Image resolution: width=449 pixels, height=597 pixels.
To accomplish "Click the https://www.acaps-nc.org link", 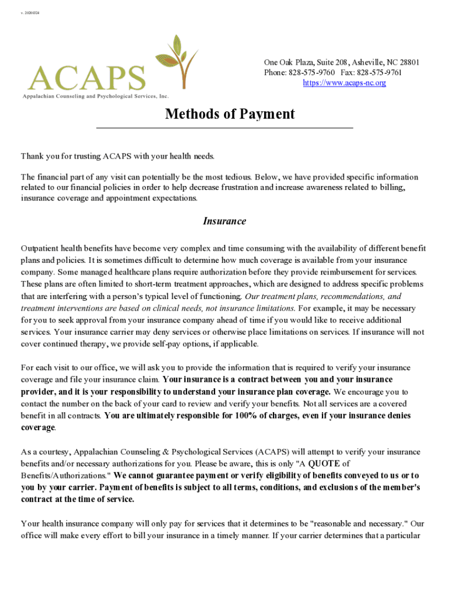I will [x=344, y=83].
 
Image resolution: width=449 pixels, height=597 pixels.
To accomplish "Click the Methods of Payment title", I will [x=230, y=114].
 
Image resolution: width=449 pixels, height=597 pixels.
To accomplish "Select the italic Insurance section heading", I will [x=224, y=222].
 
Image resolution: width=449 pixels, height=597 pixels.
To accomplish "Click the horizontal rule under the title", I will [x=224, y=128].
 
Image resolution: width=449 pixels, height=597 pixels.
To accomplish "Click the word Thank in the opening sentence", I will [x=32, y=156].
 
